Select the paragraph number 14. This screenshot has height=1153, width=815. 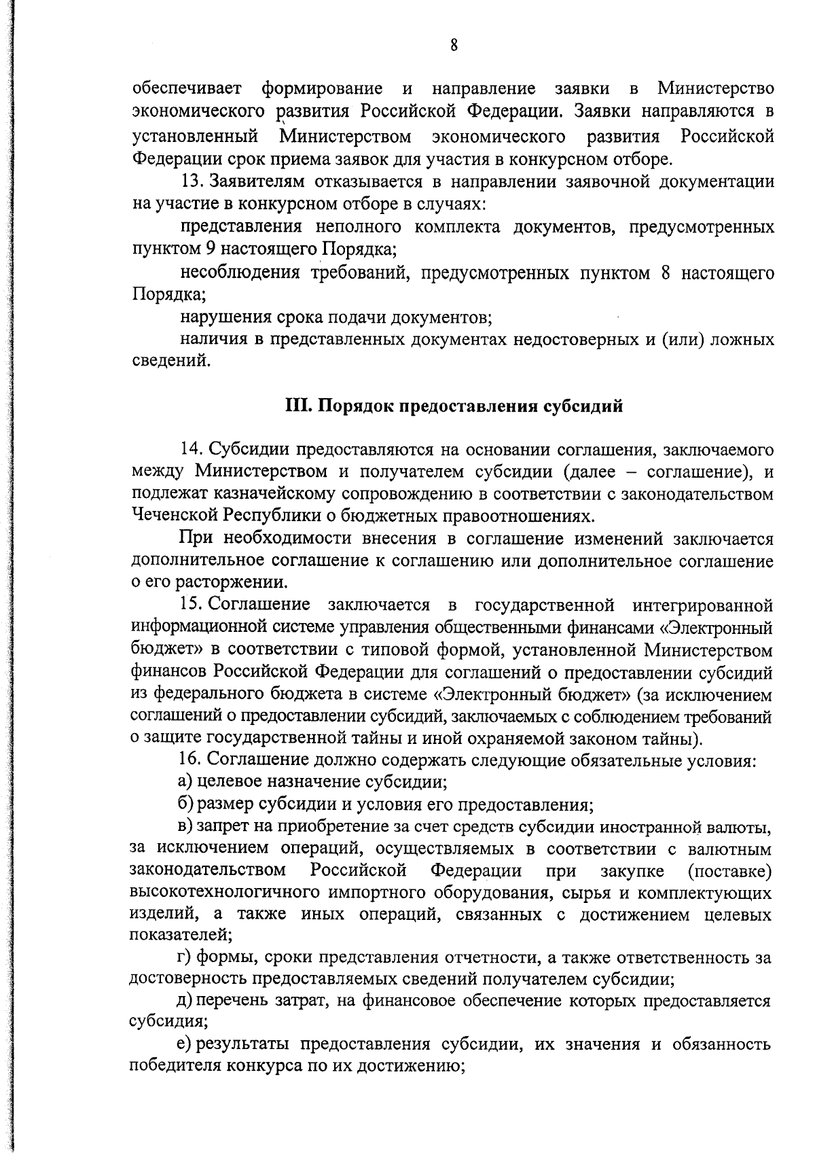coord(191,449)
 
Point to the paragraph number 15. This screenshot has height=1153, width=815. coord(191,604)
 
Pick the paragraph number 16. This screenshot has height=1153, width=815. coord(191,759)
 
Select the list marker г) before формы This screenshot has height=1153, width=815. coord(185,958)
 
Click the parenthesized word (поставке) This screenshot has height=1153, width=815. coord(729,870)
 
